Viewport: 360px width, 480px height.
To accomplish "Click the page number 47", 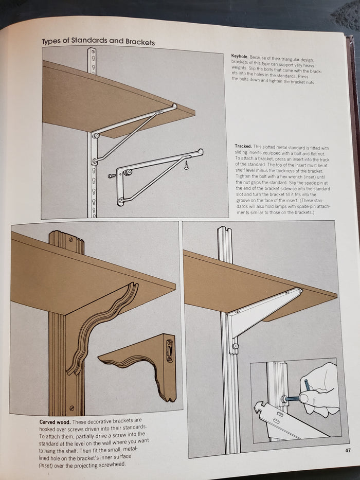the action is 348,450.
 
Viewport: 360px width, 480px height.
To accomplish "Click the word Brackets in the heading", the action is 140,42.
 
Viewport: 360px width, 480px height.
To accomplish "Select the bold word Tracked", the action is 243,146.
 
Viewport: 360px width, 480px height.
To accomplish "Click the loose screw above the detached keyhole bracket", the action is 186,165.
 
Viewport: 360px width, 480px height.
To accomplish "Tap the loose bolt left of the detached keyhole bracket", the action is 112,176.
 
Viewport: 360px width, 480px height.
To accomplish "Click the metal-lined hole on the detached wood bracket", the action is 169,350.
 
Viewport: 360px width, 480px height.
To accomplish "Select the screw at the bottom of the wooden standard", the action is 72,407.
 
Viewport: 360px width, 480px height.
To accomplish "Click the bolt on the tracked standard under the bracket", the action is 235,346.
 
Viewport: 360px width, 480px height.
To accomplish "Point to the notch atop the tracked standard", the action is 225,228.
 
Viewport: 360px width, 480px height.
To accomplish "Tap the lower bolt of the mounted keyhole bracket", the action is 95,161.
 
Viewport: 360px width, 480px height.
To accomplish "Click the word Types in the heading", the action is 51,41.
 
